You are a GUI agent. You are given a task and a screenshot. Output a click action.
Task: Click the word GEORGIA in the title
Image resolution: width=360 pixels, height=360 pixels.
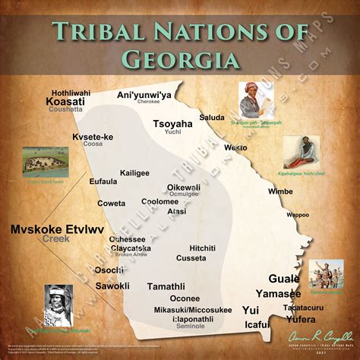click(x=180, y=59)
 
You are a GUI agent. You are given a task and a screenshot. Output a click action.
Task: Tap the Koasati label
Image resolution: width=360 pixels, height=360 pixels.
click(x=66, y=100)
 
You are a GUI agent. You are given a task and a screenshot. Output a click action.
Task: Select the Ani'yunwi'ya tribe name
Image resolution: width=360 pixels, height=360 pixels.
click(x=144, y=95)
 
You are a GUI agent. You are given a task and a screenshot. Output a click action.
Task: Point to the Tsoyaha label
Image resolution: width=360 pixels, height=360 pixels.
click(x=173, y=124)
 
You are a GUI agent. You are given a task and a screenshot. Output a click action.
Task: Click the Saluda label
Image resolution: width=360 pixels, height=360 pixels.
click(x=212, y=117)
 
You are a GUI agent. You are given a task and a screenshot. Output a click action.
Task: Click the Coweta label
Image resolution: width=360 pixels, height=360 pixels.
click(x=112, y=203)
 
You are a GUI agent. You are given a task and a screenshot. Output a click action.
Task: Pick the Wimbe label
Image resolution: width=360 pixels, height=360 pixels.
click(x=280, y=191)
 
